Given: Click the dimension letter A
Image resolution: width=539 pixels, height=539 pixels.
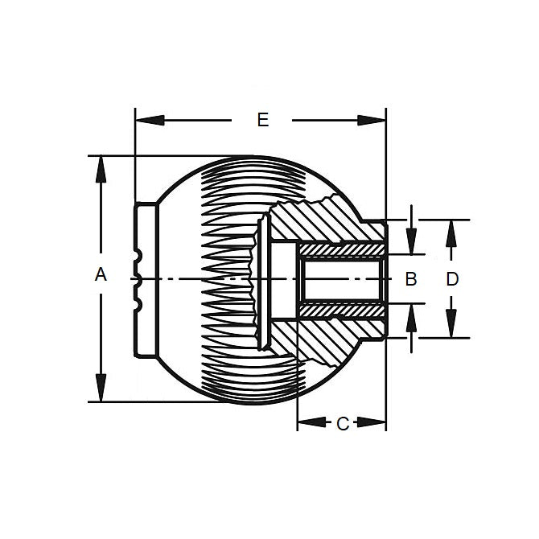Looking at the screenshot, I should (x=101, y=275).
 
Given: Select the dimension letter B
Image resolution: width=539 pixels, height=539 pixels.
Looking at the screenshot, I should (x=409, y=279).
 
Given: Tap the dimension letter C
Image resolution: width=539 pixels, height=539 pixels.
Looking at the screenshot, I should (x=342, y=424).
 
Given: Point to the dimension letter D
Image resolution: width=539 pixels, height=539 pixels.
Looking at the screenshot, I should (x=452, y=279).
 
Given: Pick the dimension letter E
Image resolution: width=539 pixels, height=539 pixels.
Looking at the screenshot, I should (x=261, y=121).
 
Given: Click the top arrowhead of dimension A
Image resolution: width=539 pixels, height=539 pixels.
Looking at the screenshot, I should (x=101, y=165).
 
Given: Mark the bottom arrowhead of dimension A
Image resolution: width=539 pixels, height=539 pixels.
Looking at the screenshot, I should (x=101, y=392).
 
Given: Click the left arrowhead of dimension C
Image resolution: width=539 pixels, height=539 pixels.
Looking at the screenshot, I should (x=307, y=423).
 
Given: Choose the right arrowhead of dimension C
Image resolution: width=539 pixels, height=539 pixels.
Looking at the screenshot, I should (x=376, y=423).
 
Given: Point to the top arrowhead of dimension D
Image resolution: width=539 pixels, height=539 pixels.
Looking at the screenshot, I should (x=452, y=228).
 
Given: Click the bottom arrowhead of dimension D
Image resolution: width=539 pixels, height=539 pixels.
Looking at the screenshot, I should (x=452, y=329).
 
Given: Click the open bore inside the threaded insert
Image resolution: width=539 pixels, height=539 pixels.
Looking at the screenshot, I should (x=342, y=279).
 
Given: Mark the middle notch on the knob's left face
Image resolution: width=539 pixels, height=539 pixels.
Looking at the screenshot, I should (x=138, y=279).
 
